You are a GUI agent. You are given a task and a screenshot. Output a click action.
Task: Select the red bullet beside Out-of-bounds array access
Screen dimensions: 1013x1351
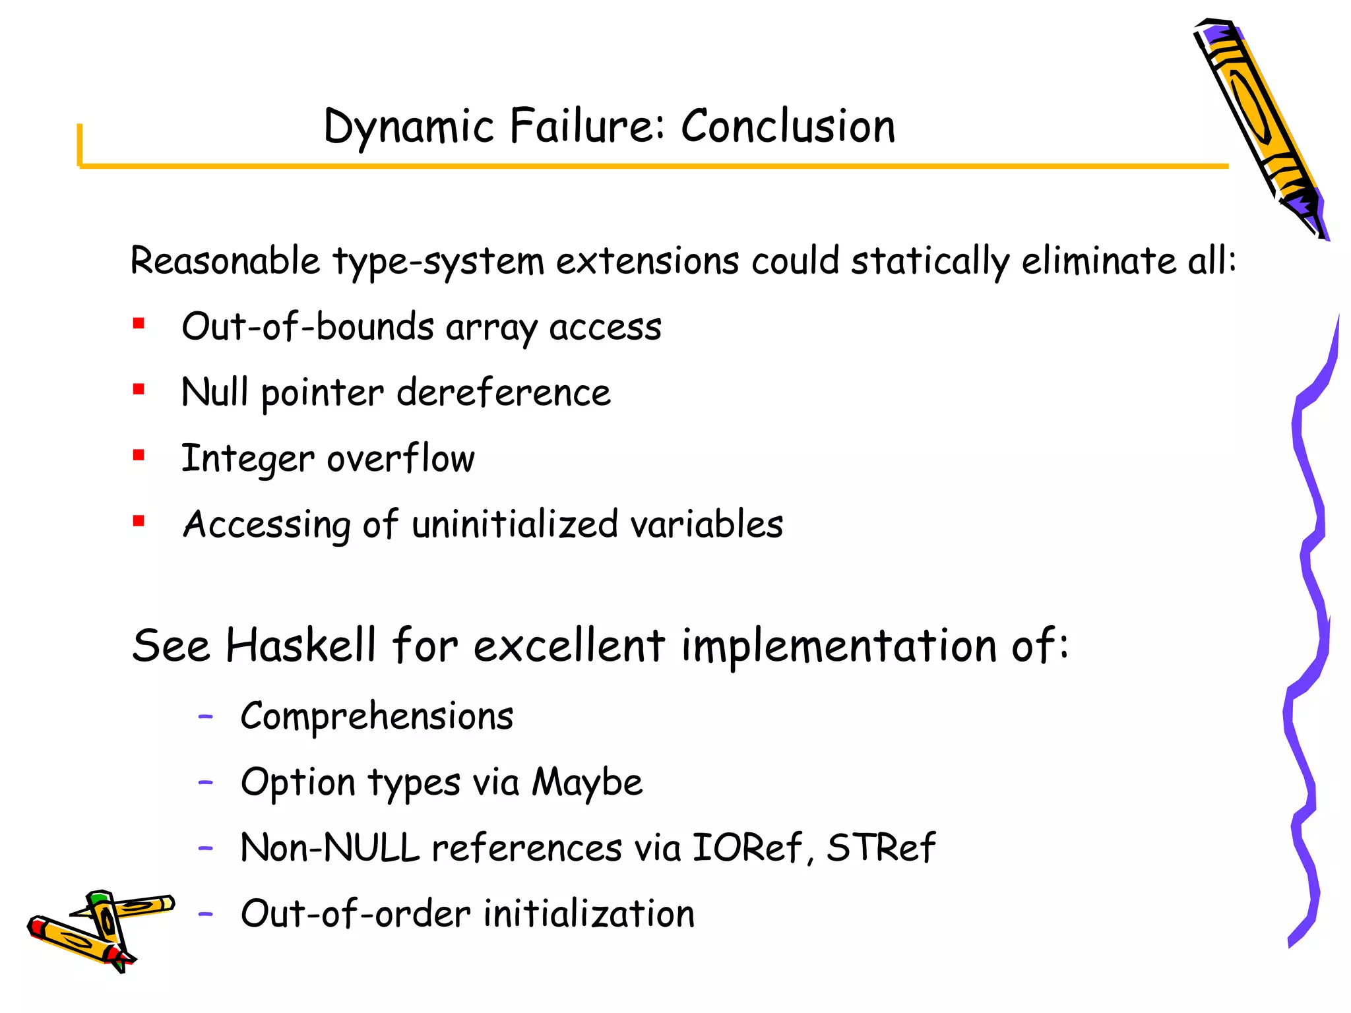[x=139, y=323]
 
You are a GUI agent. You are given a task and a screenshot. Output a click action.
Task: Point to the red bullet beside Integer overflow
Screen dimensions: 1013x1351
[x=139, y=455]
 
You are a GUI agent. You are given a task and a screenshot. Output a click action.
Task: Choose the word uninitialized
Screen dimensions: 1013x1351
[x=515, y=524]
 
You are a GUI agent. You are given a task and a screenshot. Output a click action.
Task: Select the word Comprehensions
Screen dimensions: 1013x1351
[x=377, y=717]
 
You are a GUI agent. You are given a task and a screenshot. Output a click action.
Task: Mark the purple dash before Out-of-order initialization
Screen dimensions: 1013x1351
[x=206, y=913]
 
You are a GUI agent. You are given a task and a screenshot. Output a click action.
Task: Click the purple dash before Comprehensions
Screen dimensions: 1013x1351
[x=206, y=716]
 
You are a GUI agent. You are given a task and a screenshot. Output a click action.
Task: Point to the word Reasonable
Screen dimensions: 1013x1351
[x=225, y=261]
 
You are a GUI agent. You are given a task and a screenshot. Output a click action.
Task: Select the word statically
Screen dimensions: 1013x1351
[x=929, y=261]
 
